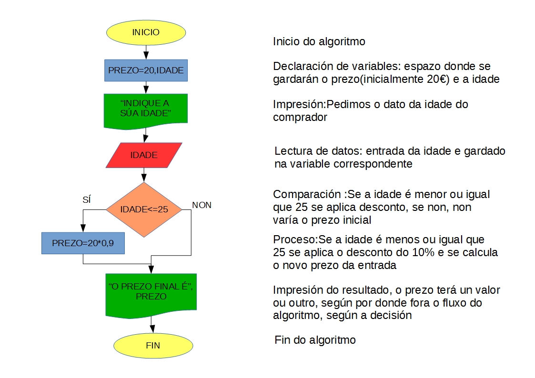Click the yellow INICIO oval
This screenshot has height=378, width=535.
pos(146,32)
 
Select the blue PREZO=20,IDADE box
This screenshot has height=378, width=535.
pos(146,70)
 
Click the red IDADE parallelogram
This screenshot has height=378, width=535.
pos(144,155)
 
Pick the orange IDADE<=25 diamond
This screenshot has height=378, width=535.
pos(144,209)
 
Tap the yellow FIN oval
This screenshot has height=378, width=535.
pos(152,346)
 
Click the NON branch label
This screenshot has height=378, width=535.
pos(202,205)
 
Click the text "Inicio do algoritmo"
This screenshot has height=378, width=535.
pos(319,41)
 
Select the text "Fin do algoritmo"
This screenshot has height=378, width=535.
pos(315,340)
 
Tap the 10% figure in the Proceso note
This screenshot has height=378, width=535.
pos(424,252)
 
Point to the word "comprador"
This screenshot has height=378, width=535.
pos(300,117)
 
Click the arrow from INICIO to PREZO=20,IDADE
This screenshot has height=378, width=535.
pos(146,51)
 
